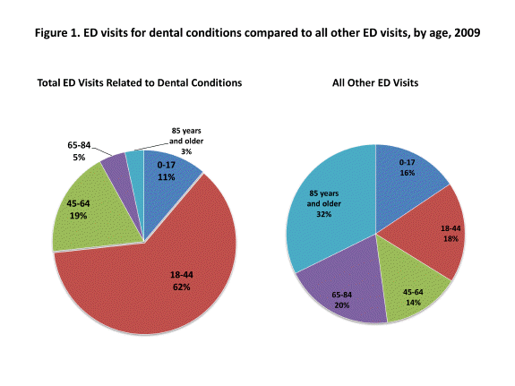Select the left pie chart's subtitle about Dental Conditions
click(x=139, y=82)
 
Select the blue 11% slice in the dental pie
click(x=170, y=179)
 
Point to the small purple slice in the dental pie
click(x=115, y=165)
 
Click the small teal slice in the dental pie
click(x=135, y=161)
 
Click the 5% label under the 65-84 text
click(x=79, y=157)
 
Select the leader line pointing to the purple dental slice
click(x=96, y=150)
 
